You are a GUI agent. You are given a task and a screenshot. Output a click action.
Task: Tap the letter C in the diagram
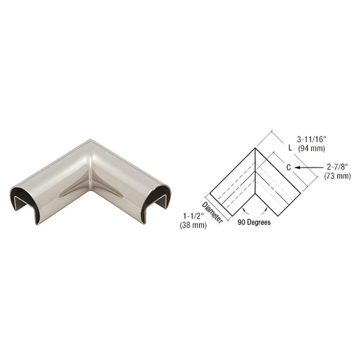287,165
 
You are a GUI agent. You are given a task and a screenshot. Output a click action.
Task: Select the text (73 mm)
338,176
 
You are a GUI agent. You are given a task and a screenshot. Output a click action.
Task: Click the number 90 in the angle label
242,223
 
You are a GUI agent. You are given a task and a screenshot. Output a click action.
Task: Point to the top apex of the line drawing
255,147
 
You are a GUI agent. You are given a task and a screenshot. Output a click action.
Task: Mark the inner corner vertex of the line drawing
255,195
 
